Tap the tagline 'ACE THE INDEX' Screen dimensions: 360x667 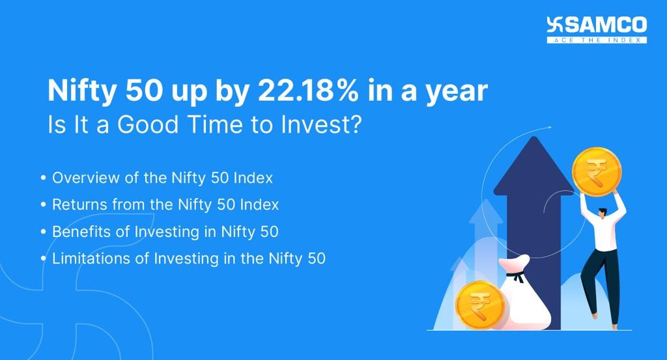coord(597,40)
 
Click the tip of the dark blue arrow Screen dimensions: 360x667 coord(533,140)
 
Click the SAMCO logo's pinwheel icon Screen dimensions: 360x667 coord(555,25)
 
